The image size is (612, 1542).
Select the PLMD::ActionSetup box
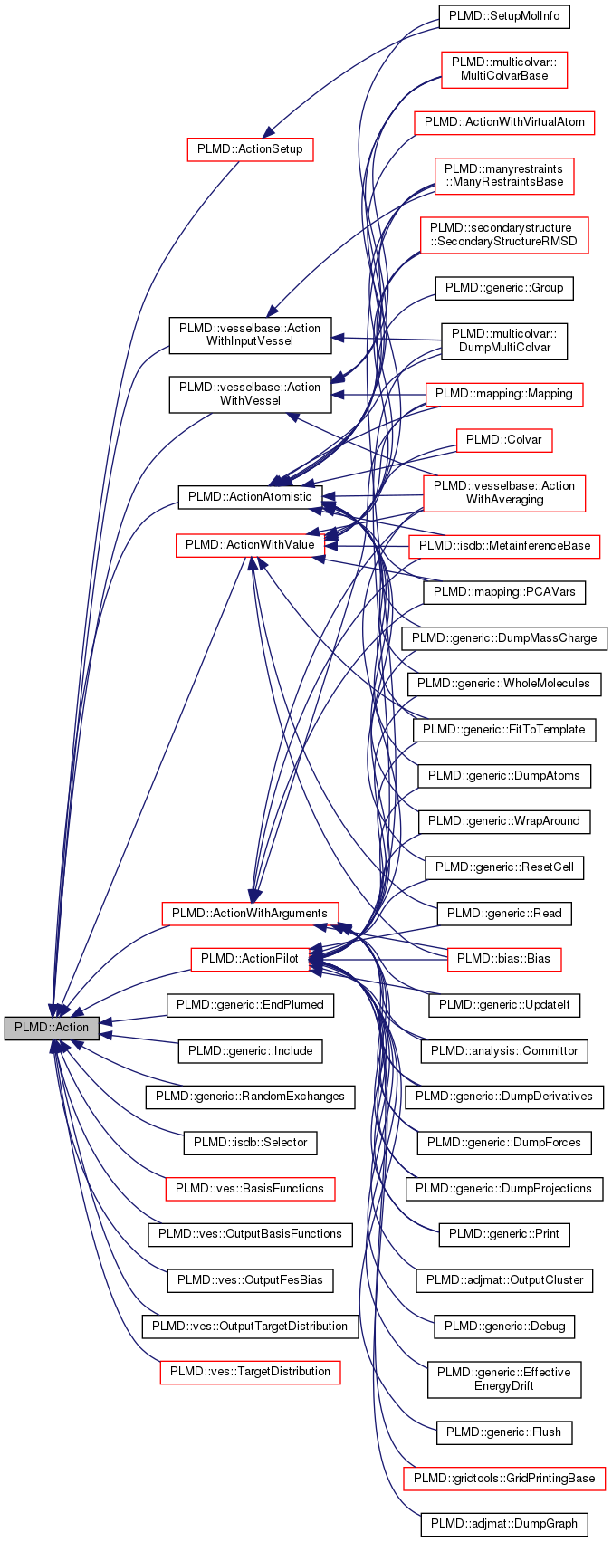click(x=250, y=149)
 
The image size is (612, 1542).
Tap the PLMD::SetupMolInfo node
click(x=504, y=17)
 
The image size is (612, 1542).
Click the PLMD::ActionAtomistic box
click(x=250, y=497)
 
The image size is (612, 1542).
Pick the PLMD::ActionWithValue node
click(x=250, y=545)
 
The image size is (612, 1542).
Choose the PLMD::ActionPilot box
click(x=250, y=959)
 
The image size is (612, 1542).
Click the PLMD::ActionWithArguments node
click(x=250, y=913)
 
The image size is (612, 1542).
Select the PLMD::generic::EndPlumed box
click(x=250, y=1005)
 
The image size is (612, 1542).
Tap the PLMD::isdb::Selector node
click(x=250, y=1143)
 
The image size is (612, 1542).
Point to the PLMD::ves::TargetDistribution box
click(x=250, y=1372)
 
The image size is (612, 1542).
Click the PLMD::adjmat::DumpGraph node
click(x=504, y=1524)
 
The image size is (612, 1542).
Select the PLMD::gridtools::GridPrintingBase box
click(x=504, y=1479)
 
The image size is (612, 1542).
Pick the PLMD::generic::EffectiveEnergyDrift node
click(x=504, y=1379)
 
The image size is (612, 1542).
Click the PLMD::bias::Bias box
click(x=504, y=959)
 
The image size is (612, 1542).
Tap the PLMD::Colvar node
click(x=504, y=440)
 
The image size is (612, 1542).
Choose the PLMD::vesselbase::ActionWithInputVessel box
click(x=250, y=335)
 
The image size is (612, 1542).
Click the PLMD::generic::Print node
click(x=504, y=1234)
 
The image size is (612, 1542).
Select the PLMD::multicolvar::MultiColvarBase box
click(x=504, y=69)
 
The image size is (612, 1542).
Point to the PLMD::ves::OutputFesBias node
click(x=250, y=1280)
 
